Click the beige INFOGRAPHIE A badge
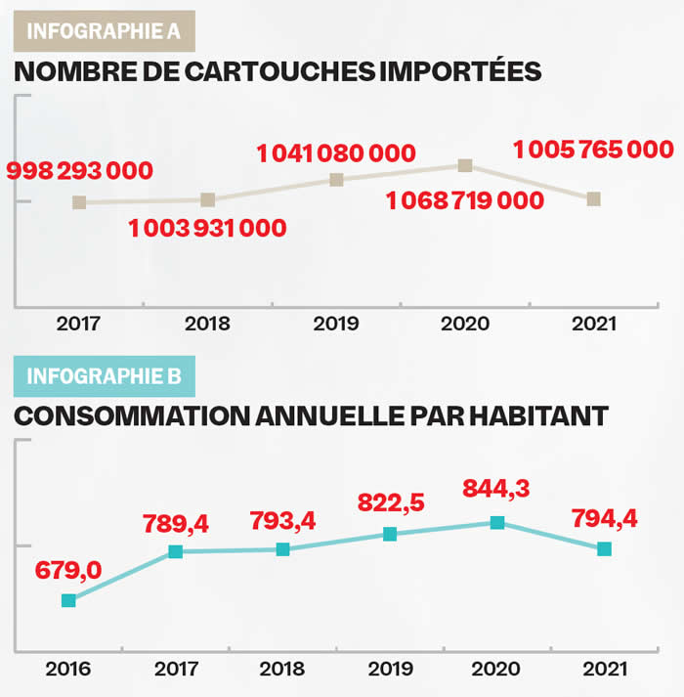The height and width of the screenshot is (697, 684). pos(104,30)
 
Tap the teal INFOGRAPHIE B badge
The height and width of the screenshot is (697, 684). pos(104,375)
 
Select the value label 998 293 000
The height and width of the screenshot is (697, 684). pos(80,171)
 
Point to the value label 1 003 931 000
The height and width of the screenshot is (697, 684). pos(207,229)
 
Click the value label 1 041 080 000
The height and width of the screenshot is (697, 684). pos(336,153)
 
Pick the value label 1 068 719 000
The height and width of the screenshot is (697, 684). pos(464,201)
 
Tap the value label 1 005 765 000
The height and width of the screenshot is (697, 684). pos(593,150)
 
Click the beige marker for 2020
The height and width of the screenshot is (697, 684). pos(465,165)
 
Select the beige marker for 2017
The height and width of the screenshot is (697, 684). pos(79,202)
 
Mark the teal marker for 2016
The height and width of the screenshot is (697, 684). pos(68,600)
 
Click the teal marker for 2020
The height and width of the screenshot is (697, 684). pos(497,523)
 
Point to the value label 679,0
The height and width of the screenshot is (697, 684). pos(68,570)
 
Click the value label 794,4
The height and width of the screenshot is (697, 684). pos(603,517)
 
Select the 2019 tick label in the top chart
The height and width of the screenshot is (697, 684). pos(336,324)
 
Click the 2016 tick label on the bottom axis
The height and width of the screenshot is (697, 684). pos(67,670)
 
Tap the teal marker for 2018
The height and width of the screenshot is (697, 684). pos(282,549)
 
